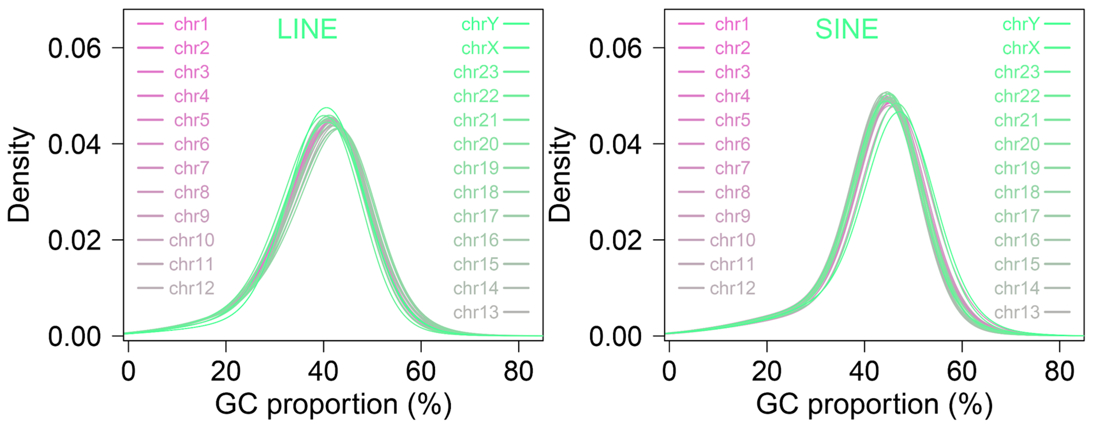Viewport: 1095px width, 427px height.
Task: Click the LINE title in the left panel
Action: tap(307, 29)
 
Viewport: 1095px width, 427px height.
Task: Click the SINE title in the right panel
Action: tap(846, 29)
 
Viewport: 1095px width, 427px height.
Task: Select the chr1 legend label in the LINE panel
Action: tap(191, 24)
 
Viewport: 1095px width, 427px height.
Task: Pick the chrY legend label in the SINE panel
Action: tap(1021, 24)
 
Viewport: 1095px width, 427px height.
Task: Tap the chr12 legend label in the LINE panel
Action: tap(191, 288)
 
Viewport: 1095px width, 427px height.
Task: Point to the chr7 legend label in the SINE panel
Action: tap(732, 169)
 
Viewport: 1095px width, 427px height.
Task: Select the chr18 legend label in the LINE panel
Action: tap(476, 192)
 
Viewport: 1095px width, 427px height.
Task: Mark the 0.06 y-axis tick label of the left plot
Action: tap(74, 48)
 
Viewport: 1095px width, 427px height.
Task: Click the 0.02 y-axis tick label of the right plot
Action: tap(615, 240)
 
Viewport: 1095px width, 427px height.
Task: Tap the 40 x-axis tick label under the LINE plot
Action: tap(323, 371)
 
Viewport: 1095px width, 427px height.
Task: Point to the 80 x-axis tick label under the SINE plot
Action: tap(1059, 371)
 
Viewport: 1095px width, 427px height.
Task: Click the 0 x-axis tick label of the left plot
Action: tap(128, 371)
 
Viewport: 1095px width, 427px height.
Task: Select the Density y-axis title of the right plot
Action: tap(560, 174)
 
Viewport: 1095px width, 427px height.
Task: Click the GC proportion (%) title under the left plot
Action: tap(333, 404)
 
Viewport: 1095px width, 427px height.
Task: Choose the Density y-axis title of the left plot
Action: tap(19, 174)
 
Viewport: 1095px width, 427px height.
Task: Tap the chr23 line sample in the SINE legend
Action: tap(1057, 72)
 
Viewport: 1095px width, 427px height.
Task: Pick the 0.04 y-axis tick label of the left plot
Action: tap(74, 144)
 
